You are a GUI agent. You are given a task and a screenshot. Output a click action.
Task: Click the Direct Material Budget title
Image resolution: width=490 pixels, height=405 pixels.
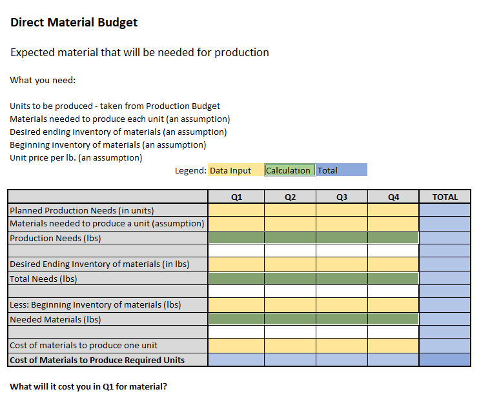point(74,23)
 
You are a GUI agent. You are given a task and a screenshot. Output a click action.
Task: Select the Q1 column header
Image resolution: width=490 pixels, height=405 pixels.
point(236,197)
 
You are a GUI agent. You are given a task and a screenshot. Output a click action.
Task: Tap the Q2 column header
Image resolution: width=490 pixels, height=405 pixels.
point(290,197)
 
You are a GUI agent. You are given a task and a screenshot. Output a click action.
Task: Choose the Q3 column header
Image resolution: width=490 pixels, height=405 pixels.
point(342,197)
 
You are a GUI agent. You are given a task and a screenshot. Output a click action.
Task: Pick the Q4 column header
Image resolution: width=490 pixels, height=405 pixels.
point(393,197)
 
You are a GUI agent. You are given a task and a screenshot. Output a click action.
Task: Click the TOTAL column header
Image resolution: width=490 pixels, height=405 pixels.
point(445,197)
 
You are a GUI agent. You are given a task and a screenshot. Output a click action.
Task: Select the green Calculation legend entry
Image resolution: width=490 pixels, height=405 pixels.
point(289,170)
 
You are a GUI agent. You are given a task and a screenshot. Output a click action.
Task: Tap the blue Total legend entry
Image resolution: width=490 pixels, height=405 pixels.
point(341,170)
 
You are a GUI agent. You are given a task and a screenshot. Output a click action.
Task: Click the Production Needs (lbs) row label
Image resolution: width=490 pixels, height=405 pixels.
point(56,238)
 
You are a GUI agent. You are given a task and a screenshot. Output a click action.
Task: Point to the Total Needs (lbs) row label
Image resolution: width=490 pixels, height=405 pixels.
point(43,279)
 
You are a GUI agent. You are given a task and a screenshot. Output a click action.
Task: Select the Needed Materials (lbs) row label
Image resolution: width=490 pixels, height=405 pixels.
point(56,319)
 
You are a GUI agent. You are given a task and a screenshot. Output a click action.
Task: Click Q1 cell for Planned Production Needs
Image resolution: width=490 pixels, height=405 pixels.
point(236,210)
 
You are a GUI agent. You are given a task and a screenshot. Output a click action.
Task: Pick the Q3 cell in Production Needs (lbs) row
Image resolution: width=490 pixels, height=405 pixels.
point(342,238)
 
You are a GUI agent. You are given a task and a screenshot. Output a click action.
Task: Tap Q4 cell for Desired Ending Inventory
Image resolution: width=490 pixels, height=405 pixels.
point(393,264)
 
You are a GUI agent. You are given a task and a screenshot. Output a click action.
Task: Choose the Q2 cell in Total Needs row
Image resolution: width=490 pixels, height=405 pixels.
point(290,279)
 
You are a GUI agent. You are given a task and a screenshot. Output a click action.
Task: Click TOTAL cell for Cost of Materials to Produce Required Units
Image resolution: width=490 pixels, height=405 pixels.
point(445,360)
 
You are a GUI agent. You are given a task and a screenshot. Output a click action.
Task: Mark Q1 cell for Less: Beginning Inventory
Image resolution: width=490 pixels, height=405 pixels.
point(236,304)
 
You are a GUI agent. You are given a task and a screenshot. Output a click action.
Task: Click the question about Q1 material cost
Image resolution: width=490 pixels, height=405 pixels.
point(88,387)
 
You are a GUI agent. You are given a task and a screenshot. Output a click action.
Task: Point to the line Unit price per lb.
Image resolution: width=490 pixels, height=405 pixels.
point(76,157)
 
